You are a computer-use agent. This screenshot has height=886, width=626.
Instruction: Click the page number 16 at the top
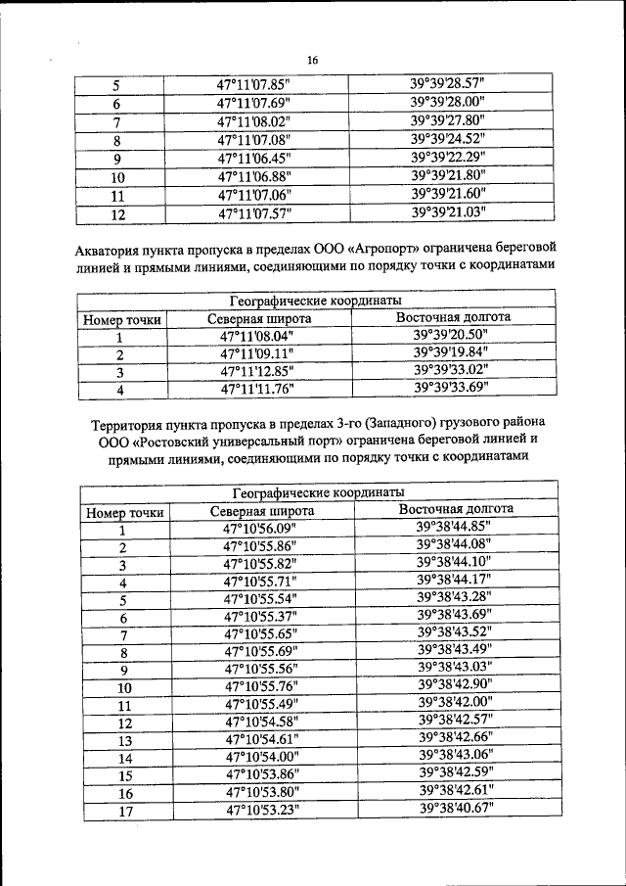pyautogui.click(x=313, y=61)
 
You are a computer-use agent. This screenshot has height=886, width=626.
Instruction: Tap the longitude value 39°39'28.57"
pyautogui.click(x=448, y=84)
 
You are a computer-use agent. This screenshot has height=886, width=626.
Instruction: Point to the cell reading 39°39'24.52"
pyautogui.click(x=448, y=138)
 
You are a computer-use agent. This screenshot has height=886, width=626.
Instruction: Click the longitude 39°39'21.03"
pyautogui.click(x=448, y=210)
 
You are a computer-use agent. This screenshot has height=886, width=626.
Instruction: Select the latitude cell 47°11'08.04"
pyautogui.click(x=258, y=336)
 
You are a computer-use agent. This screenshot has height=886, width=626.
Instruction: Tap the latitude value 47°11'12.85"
pyautogui.click(x=258, y=371)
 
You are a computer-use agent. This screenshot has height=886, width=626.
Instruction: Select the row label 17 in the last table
pyautogui.click(x=124, y=811)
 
